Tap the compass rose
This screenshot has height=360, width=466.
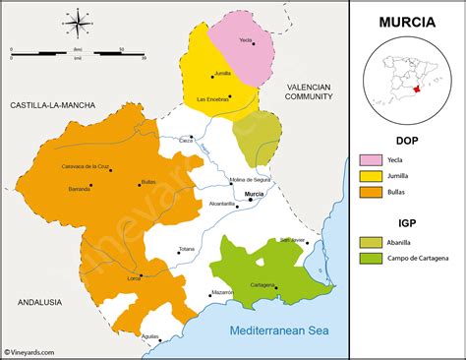pos(77,21)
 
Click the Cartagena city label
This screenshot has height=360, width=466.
pos(262,285)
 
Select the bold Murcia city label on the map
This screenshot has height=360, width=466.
pos(255,195)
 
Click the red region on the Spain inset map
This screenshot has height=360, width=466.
pos(418,89)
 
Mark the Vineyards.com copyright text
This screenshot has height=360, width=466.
pos(29,351)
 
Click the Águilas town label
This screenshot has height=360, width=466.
pos(150,336)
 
